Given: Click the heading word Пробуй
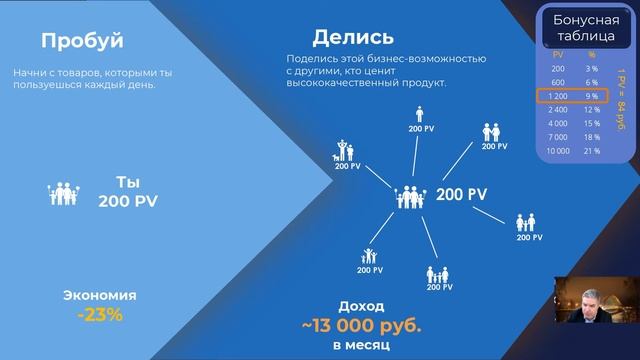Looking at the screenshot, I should [x=82, y=41].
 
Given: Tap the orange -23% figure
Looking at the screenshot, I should [x=100, y=315].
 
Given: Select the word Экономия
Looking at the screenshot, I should [x=100, y=296].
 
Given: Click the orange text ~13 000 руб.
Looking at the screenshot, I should [x=362, y=325].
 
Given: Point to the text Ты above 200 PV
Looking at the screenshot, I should [x=127, y=182].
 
